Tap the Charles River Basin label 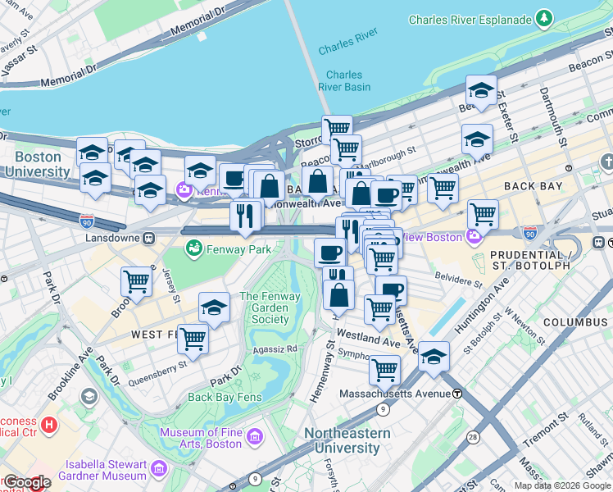point(344,80)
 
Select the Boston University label point(37,164)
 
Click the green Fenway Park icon point(194,248)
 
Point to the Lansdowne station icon point(149,238)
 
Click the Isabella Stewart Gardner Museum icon point(159,469)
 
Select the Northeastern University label point(342,440)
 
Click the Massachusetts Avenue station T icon point(456,394)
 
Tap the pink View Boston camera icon point(474,237)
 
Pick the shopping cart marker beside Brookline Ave point(136,281)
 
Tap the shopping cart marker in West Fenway point(193,337)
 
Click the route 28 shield point(474,438)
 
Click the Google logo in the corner point(26,482)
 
